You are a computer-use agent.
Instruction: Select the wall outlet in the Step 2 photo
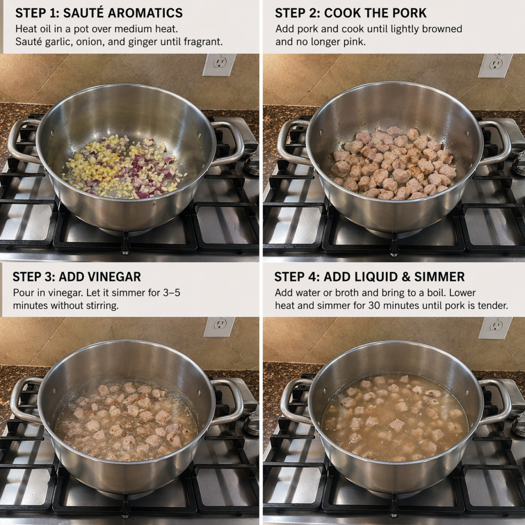495,65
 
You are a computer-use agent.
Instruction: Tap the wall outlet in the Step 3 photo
219,327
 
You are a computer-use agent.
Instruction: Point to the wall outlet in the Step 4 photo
496,328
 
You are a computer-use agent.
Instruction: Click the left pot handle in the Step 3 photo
26,400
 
